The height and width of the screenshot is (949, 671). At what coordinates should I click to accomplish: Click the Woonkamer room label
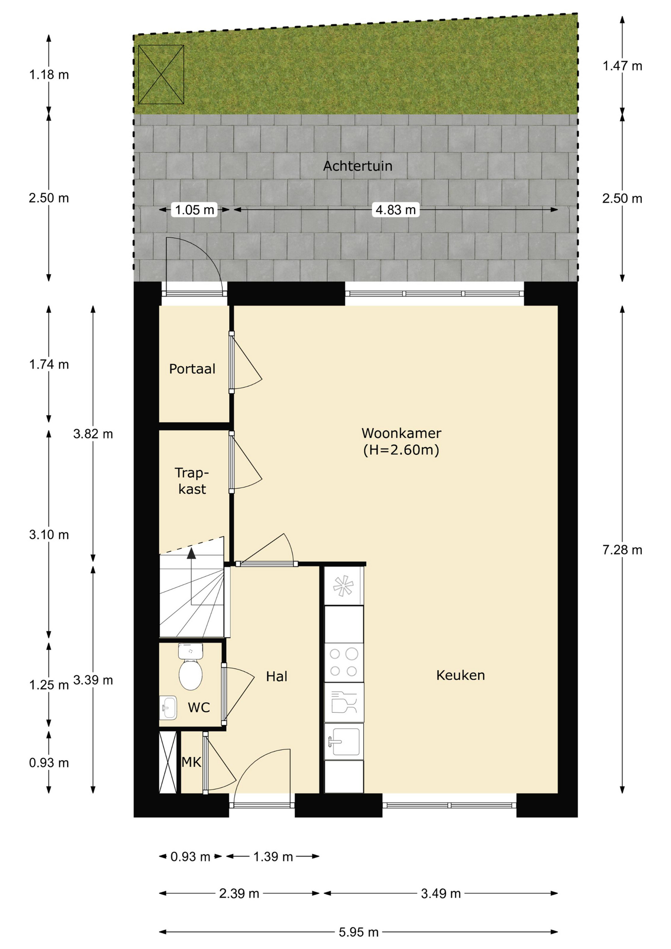click(x=401, y=433)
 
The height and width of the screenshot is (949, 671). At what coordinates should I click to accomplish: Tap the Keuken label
click(x=461, y=675)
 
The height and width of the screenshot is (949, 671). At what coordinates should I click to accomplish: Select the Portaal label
click(x=192, y=369)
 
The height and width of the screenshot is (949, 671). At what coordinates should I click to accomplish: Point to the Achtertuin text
click(x=358, y=166)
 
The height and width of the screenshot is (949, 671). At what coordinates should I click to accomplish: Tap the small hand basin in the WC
click(x=168, y=708)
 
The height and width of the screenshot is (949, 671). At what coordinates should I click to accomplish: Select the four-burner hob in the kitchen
click(x=343, y=662)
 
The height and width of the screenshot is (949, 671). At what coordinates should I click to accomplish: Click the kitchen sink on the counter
click(x=343, y=741)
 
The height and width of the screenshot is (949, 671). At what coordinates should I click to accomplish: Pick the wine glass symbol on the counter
click(x=344, y=702)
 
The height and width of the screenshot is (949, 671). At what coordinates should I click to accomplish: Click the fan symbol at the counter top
click(x=343, y=586)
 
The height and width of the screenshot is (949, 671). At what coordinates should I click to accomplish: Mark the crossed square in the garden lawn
click(x=161, y=75)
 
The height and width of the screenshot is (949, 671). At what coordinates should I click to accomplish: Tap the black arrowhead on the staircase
click(x=191, y=553)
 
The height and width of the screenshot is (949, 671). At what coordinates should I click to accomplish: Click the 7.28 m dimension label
click(x=622, y=550)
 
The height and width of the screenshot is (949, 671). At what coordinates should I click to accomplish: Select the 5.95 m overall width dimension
click(x=358, y=932)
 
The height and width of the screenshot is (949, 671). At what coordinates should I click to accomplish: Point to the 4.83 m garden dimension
click(x=396, y=210)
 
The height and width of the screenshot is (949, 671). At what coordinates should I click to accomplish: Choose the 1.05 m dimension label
click(x=195, y=210)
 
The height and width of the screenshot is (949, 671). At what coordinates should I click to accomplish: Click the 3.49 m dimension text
click(x=441, y=893)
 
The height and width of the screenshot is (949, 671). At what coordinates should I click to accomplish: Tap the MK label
click(x=191, y=762)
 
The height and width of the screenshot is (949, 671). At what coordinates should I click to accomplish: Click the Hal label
click(x=277, y=677)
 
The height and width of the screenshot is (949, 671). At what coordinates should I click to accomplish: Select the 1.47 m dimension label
click(x=622, y=66)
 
